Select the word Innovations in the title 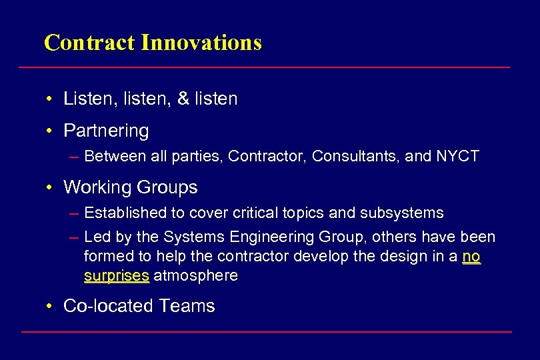[x=201, y=43]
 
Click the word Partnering [x=106, y=131]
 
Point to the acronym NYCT [x=458, y=157]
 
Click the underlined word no [x=471, y=257]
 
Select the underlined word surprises [x=117, y=276]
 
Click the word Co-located [x=108, y=306]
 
